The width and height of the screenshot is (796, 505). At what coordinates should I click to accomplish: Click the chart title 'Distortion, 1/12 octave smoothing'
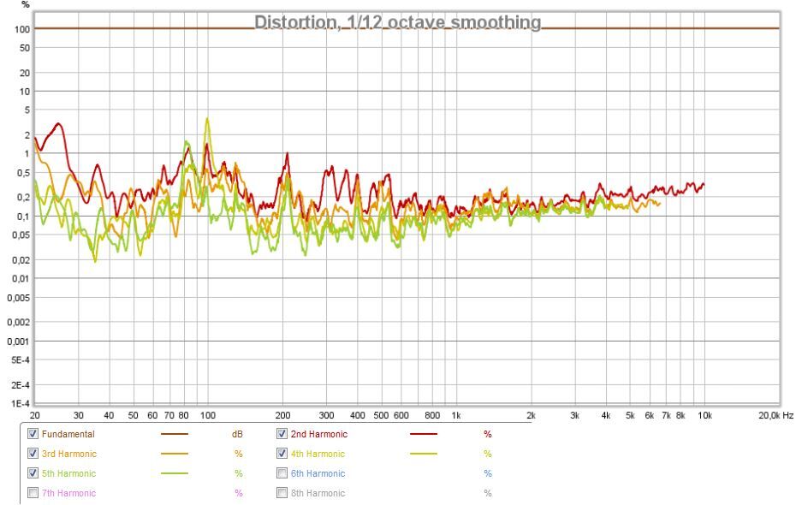point(398,21)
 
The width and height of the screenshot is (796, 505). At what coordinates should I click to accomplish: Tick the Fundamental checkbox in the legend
point(33,434)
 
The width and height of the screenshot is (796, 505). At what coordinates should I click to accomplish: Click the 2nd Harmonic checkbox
point(282,434)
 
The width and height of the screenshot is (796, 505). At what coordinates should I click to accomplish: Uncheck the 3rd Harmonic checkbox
point(33,454)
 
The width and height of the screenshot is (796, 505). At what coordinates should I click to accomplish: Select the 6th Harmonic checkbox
point(282,473)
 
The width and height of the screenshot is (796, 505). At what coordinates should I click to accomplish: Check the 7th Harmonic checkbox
point(33,493)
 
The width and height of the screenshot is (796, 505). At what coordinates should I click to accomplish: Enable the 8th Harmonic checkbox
point(282,493)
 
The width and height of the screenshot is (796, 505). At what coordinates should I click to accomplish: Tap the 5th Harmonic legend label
point(68,473)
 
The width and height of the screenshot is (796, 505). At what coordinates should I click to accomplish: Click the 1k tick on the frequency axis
point(455,415)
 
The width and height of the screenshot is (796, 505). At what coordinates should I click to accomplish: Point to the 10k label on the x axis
point(705,415)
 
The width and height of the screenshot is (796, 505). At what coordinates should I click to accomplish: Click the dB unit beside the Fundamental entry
point(238,434)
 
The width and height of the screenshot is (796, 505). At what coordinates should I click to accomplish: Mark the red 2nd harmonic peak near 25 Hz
point(57,124)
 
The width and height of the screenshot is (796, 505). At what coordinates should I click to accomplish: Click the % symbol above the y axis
point(26,5)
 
